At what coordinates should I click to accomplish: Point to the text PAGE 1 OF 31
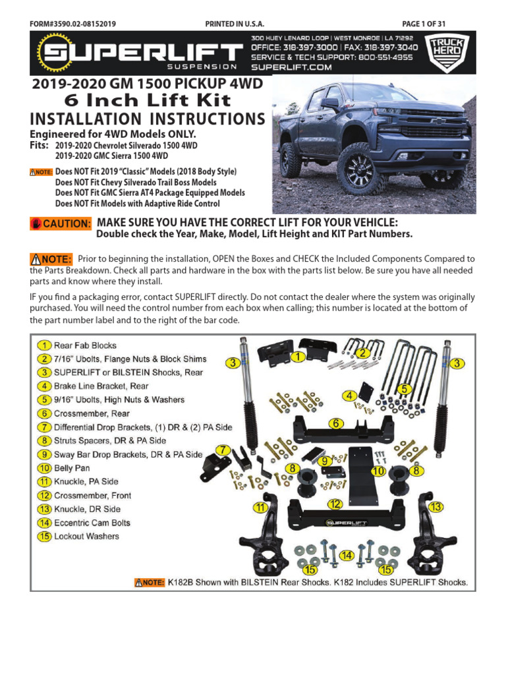tap(424, 24)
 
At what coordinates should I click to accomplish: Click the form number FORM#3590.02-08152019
tap(73, 24)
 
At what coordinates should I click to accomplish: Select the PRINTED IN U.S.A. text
tap(235, 24)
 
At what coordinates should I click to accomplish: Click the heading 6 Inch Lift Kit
tap(147, 101)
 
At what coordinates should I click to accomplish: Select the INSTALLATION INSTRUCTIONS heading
tap(148, 119)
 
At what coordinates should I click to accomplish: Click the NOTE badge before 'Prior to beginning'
tap(51, 259)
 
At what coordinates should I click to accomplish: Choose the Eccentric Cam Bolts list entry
tap(84, 523)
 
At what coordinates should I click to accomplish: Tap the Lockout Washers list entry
tap(78, 537)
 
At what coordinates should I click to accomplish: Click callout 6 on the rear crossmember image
tap(335, 424)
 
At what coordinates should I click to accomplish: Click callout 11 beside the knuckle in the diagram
tap(262, 508)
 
